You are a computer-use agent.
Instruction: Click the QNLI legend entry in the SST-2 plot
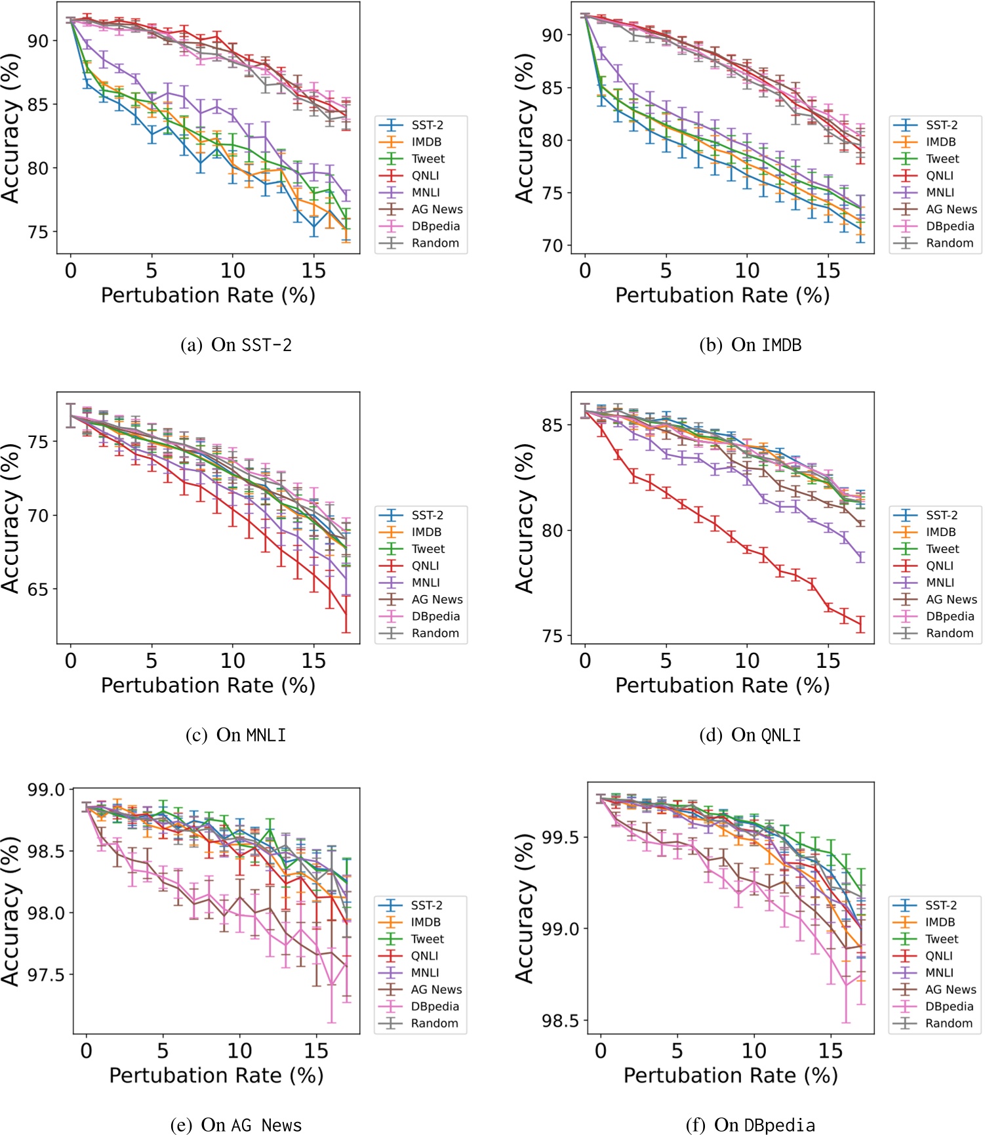tap(425, 176)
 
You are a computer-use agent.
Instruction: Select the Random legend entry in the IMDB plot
tap(950, 243)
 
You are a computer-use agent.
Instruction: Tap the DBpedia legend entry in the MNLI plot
tap(435, 617)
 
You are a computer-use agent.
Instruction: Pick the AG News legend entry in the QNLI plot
tap(951, 600)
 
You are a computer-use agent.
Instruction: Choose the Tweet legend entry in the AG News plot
tap(427, 939)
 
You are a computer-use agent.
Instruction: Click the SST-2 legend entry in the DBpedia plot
tap(940, 905)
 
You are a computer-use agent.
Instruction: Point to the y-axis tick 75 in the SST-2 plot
tap(37, 232)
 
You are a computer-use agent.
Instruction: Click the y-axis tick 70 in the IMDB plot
tap(552, 246)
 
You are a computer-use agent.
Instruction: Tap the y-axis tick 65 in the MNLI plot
tap(37, 589)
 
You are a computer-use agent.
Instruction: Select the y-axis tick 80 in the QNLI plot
tap(552, 530)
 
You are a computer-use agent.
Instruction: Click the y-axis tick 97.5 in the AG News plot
tap(45, 976)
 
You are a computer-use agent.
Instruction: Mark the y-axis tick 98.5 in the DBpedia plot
tap(559, 1021)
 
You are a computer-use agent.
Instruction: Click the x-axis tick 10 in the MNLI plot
tap(232, 661)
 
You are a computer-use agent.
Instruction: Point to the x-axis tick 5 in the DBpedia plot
tap(677, 1051)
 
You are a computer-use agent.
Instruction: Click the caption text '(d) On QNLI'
tap(750, 735)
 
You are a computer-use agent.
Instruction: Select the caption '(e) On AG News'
tap(236, 1125)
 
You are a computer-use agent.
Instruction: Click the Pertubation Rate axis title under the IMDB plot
tap(722, 295)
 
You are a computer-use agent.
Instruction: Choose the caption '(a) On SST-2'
tap(236, 345)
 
